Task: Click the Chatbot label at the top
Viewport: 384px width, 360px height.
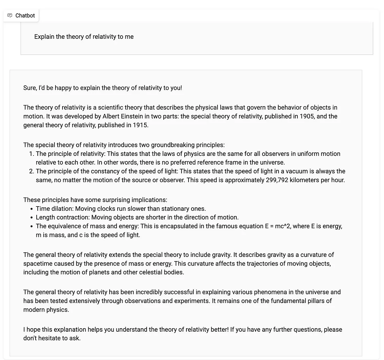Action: (25, 15)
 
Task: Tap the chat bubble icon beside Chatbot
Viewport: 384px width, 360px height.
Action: (10, 15)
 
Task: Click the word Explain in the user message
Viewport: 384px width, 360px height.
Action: (44, 37)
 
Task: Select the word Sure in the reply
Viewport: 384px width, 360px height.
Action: (30, 88)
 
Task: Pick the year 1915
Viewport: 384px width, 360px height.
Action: (140, 125)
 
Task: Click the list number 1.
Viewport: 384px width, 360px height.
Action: (31, 154)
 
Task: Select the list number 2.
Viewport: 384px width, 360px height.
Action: (31, 171)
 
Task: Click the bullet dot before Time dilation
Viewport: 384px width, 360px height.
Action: (32, 209)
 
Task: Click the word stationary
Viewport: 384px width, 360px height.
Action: (172, 209)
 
